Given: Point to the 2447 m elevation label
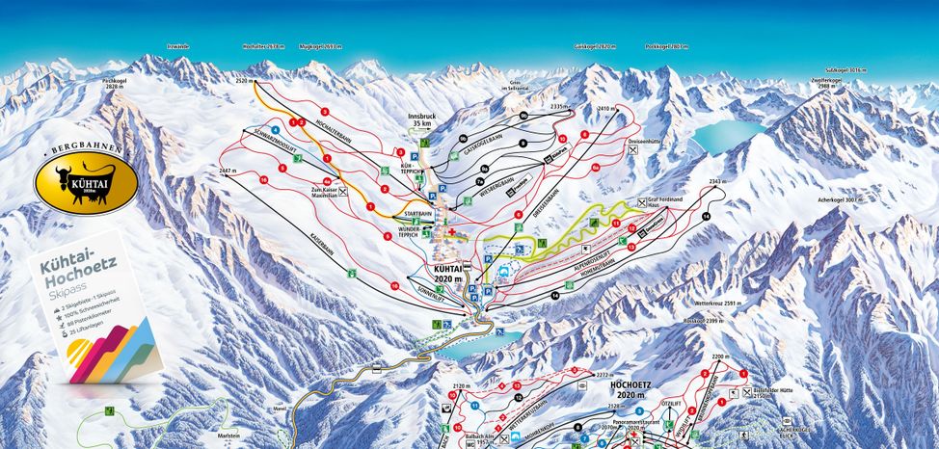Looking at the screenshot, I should [x=228, y=171].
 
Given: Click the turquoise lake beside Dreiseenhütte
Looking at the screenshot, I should [x=729, y=136].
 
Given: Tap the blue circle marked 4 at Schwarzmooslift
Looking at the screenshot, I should [x=277, y=130].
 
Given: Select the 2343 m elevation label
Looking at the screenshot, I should [x=715, y=181].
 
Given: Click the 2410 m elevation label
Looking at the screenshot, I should [x=605, y=109].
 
